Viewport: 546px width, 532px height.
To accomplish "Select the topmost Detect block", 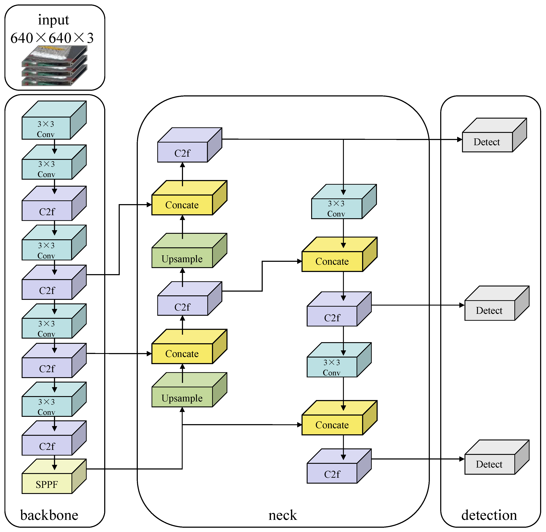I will (487, 142).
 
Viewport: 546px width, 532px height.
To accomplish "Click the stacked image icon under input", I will (55, 66).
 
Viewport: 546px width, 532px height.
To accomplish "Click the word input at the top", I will (53, 20).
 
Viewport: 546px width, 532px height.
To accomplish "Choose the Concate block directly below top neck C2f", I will (182, 205).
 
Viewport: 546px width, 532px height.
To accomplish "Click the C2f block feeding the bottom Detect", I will (332, 474).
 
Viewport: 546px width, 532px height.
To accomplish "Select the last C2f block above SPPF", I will (47, 446).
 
